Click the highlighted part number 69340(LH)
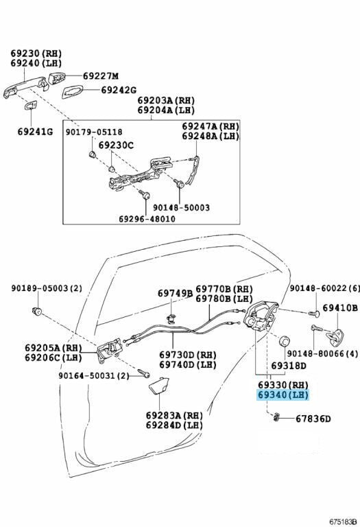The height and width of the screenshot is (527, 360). (283, 395)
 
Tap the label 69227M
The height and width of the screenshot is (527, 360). (101, 76)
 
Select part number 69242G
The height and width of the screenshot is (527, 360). (119, 90)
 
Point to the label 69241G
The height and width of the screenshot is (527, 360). (35, 132)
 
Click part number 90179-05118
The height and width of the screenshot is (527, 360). (94, 132)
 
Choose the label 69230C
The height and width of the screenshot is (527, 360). (116, 145)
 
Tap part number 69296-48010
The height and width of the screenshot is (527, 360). (147, 219)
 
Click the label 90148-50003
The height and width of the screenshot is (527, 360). (181, 208)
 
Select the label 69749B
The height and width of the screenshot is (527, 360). (176, 294)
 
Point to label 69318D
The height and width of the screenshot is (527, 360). (289, 366)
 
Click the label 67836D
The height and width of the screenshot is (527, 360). (313, 419)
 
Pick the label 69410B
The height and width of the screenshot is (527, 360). (340, 308)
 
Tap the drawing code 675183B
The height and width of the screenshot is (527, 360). (343, 522)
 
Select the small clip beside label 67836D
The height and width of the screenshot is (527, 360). (276, 417)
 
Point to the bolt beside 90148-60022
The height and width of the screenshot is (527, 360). (313, 314)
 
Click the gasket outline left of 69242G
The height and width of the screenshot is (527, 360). (72, 91)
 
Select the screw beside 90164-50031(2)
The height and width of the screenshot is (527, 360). (144, 373)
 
